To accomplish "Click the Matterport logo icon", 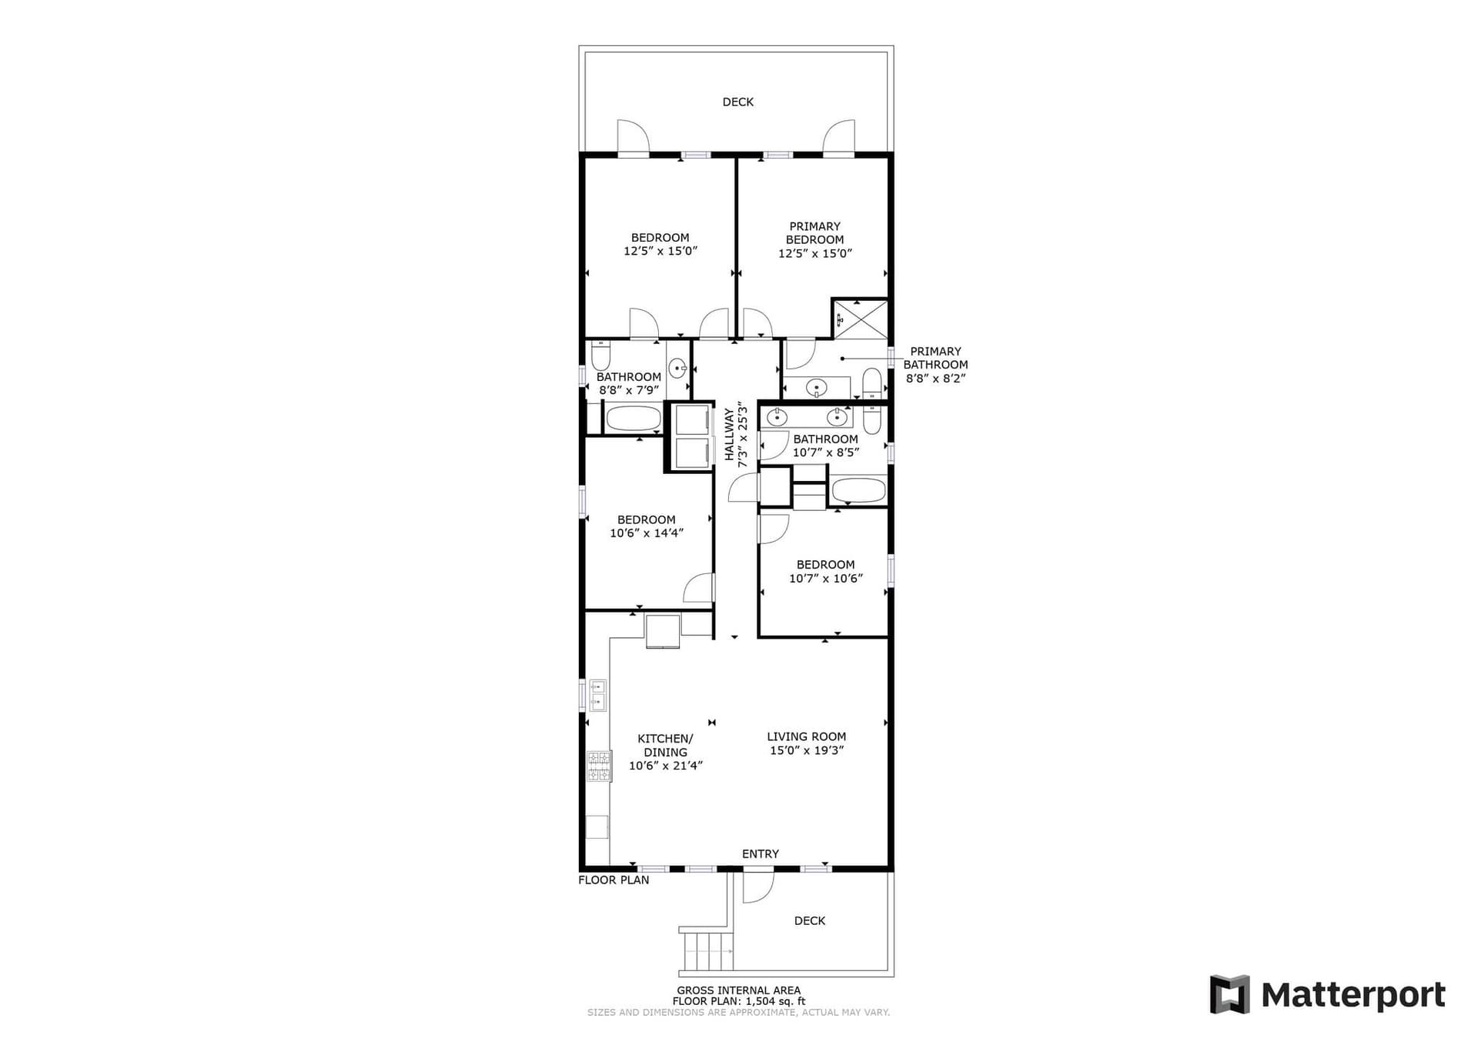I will (1229, 994).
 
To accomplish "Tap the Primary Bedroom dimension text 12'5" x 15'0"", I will (814, 253).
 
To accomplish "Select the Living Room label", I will (806, 736).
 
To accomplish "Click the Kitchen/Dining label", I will (665, 745).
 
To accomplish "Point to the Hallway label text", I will (729, 436).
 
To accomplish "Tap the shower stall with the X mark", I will (861, 319).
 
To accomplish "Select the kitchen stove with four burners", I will (599, 766).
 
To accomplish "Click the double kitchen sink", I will (597, 695).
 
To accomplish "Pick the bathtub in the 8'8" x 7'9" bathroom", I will (634, 419).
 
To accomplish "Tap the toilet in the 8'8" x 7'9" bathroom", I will (600, 356).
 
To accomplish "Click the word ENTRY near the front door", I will (760, 853).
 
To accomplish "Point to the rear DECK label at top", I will (737, 102).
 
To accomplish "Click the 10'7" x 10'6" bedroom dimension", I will (825, 579).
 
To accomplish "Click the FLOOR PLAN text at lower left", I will (614, 880).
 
